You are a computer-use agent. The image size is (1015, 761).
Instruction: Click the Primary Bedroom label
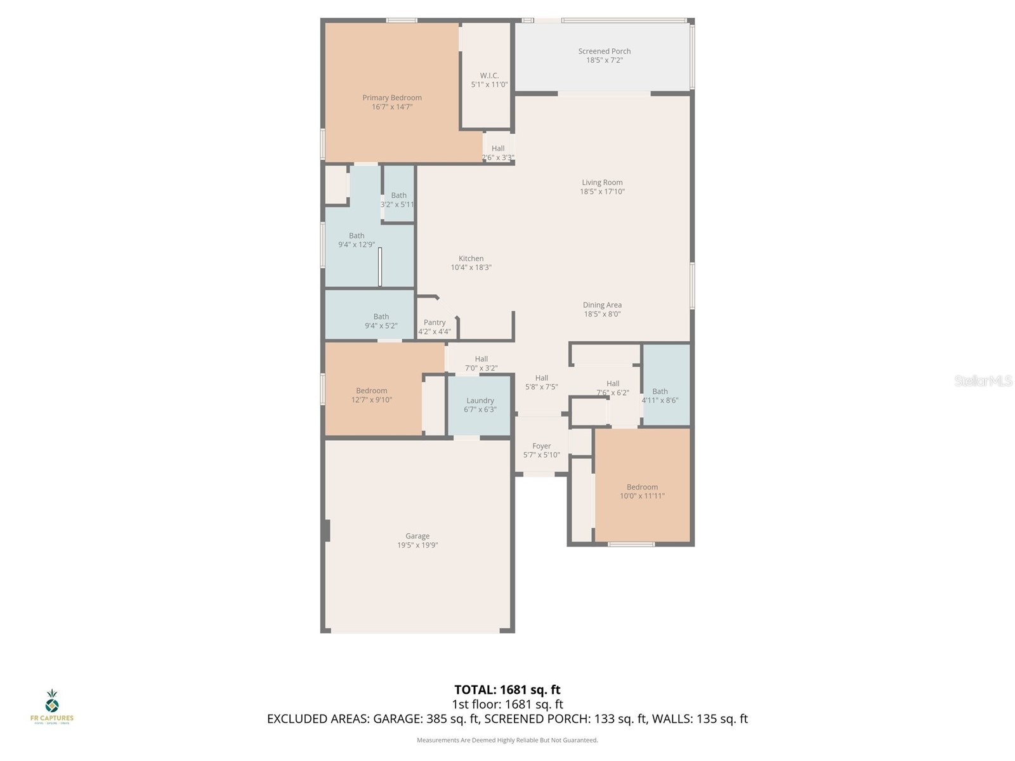click(x=392, y=98)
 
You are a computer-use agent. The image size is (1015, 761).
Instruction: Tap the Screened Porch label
click(x=604, y=51)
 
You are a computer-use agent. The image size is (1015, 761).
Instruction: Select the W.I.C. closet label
click(x=489, y=75)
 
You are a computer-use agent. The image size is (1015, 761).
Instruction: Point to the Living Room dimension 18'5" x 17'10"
click(x=602, y=192)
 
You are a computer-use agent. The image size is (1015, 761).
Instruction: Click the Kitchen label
click(x=471, y=258)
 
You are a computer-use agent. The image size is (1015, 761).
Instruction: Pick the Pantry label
click(x=435, y=322)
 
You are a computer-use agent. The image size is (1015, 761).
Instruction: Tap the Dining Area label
click(x=602, y=304)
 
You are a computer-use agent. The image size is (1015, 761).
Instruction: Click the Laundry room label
click(x=480, y=400)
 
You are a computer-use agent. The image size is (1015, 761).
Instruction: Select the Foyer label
click(x=541, y=446)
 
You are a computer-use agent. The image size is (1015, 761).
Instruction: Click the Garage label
click(x=417, y=536)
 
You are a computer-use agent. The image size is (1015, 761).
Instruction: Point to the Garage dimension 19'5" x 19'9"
click(x=417, y=545)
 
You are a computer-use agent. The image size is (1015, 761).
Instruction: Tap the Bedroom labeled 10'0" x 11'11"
click(x=642, y=491)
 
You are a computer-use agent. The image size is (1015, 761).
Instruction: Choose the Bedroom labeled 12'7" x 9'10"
click(x=371, y=395)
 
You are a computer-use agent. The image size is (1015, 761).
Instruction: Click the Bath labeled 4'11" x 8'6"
click(x=660, y=396)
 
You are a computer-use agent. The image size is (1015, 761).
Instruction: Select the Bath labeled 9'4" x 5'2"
click(x=381, y=321)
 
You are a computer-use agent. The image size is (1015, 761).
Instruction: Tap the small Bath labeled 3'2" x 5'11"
click(x=398, y=200)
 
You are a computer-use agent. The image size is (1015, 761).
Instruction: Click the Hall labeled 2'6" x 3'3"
click(x=498, y=153)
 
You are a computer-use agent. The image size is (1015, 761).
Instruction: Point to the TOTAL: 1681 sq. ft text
click(x=507, y=689)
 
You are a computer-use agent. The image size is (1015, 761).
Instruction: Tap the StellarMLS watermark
click(x=983, y=381)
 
